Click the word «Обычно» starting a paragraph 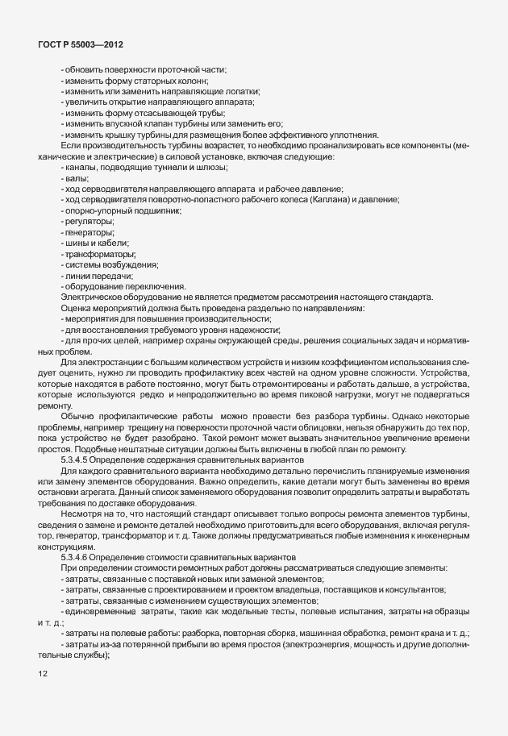point(76,414)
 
